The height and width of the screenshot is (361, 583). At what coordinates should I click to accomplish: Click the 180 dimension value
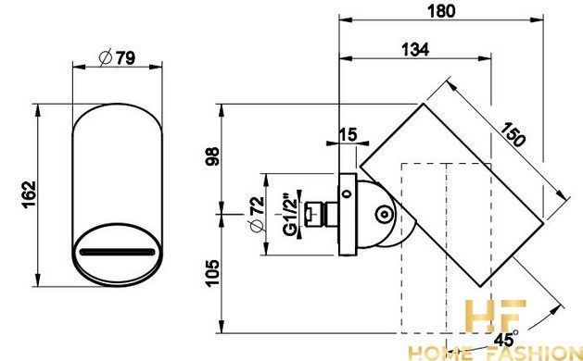pyautogui.click(x=441, y=11)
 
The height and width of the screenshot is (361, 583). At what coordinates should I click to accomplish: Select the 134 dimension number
pyautogui.click(x=415, y=49)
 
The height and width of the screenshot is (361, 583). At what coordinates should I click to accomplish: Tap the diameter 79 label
pyautogui.click(x=117, y=58)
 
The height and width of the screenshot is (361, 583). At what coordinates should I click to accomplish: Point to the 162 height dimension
pyautogui.click(x=29, y=194)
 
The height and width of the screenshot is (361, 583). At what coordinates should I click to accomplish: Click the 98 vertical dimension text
pyautogui.click(x=212, y=156)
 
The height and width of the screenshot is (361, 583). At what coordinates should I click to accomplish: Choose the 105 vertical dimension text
pyautogui.click(x=212, y=273)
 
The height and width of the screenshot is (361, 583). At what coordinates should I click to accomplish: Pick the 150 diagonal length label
pyautogui.click(x=513, y=134)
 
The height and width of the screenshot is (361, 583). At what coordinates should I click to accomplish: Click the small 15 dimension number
pyautogui.click(x=348, y=134)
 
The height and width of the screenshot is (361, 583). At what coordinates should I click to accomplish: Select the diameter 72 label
pyautogui.click(x=258, y=215)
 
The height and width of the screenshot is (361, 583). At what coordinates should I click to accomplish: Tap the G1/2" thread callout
pyautogui.click(x=290, y=215)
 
